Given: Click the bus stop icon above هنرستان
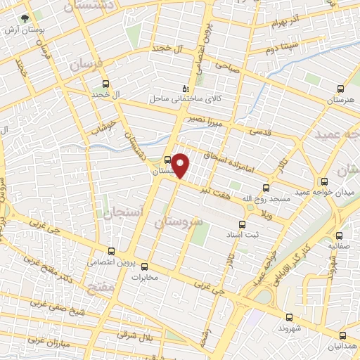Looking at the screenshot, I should tap(341, 89).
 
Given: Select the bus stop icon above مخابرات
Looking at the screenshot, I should tap(144, 266).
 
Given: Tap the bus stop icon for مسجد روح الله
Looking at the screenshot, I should tap(266, 188).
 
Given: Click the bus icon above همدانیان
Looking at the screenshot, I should tap(342, 335).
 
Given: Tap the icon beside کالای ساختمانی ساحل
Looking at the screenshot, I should tap(185, 89).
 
